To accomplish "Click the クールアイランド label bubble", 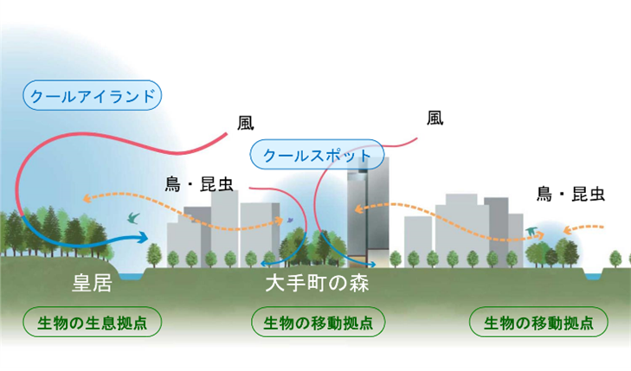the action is pyautogui.click(x=93, y=96).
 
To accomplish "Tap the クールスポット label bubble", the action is pyautogui.click(x=315, y=156).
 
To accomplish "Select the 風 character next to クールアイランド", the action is pyautogui.click(x=246, y=123).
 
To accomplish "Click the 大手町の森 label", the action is pyautogui.click(x=317, y=283).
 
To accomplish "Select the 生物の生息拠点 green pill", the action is pyautogui.click(x=93, y=323).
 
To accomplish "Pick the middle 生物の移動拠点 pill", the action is pyautogui.click(x=317, y=323).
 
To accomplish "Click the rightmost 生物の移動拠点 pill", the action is pyautogui.click(x=538, y=323).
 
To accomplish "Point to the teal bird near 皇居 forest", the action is pyautogui.click(x=133, y=219).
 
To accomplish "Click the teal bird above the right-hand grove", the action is pyautogui.click(x=531, y=231).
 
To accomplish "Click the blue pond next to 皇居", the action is pyautogui.click(x=131, y=275).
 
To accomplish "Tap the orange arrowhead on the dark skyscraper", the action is pyautogui.click(x=358, y=210).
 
